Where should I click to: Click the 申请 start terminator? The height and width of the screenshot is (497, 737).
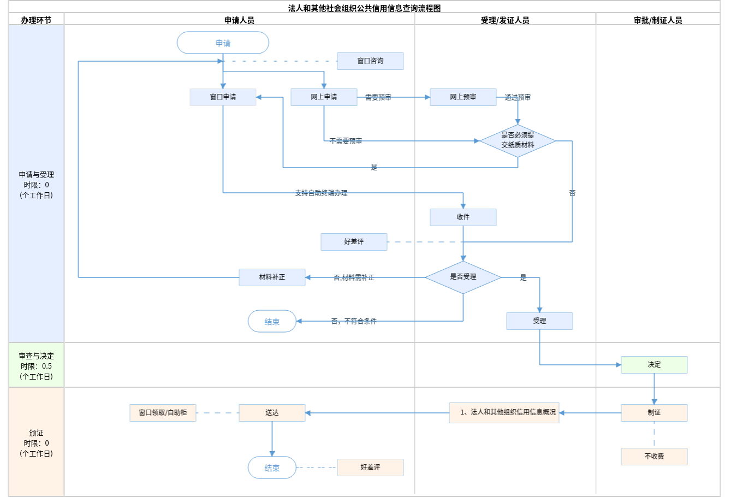(x=223, y=43)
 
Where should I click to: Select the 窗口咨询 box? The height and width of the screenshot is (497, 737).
(x=370, y=61)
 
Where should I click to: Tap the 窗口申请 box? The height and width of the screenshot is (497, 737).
(x=223, y=97)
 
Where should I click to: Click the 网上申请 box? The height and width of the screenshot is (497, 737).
(x=324, y=97)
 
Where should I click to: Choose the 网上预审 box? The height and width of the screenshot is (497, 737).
(x=463, y=97)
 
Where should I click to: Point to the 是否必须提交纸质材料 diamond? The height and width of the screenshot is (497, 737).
(x=518, y=140)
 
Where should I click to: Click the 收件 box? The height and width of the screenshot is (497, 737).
(x=463, y=217)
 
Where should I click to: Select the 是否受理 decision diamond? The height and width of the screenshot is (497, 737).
(x=463, y=277)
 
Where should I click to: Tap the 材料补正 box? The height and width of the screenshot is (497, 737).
(x=272, y=277)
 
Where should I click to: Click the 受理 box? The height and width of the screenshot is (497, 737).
(x=539, y=321)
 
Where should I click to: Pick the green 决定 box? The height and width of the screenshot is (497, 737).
(x=654, y=365)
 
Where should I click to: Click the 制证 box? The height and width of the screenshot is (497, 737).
(x=654, y=413)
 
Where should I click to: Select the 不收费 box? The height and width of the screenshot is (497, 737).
(x=654, y=457)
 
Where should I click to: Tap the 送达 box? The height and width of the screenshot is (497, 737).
(x=272, y=413)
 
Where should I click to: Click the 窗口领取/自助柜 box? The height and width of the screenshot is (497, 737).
(x=163, y=413)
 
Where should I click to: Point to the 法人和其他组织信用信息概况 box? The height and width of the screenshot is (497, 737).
(x=504, y=412)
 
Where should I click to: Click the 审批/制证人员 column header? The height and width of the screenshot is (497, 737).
(x=658, y=20)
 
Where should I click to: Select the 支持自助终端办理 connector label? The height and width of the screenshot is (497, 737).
(x=321, y=193)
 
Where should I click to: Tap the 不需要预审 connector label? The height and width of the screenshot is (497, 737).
(x=346, y=141)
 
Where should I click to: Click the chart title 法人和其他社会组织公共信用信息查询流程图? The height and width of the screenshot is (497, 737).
(x=364, y=8)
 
